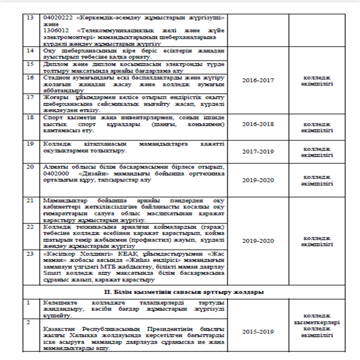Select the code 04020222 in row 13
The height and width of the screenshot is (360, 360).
(x=56, y=17)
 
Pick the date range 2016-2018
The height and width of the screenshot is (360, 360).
(x=258, y=125)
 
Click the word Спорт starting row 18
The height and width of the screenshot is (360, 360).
(x=53, y=117)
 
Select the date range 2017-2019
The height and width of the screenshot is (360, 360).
(x=258, y=152)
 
